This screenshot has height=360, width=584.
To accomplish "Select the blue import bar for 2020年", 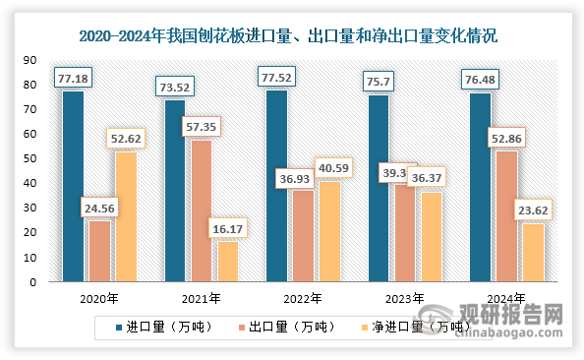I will point(73,187).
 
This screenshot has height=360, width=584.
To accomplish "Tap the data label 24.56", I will point(99,209).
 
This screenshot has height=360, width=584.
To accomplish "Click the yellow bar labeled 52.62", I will point(125,216).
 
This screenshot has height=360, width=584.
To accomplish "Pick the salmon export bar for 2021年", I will point(201,211).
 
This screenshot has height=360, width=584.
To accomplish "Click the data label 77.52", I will point(277,79).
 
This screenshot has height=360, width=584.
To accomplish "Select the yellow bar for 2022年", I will point(328,232).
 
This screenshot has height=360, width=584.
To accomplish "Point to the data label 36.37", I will point(431,180).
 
